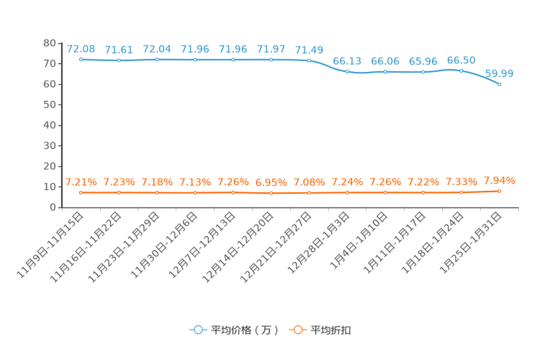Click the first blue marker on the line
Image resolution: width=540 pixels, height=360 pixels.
coord(81,59)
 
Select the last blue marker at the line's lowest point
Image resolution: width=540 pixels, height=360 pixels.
coord(499,84)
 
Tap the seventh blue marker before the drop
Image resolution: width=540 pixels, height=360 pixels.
coord(309,60)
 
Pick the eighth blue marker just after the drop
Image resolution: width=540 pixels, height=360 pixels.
coord(348,71)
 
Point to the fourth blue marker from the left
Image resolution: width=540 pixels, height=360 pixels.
coord(195,60)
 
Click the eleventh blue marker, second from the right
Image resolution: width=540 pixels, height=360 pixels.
coord(462,70)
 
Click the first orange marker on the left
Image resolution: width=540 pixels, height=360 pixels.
coord(81,193)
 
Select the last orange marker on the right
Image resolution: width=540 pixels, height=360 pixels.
coord(499,191)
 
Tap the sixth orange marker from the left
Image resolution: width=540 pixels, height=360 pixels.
coord(271,193)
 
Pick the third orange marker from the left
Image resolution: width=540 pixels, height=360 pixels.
coord(157,193)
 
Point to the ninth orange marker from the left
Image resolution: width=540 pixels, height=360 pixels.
coord(385,193)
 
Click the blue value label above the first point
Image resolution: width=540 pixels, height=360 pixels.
coord(81,49)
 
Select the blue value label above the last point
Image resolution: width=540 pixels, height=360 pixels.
coord(499,73)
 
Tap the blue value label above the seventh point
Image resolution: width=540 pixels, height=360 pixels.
coord(309,49)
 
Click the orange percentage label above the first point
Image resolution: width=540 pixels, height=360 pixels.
coord(81,182)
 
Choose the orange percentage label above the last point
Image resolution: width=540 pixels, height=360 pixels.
coord(499,180)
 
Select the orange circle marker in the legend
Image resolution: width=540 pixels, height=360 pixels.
coord(298,330)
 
